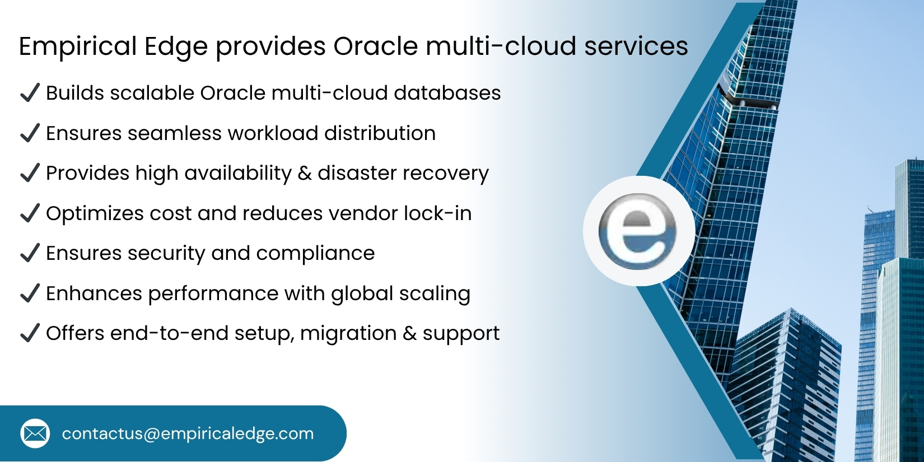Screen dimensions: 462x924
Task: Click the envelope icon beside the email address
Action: click(x=35, y=433)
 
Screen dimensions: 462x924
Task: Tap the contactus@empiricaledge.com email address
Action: click(x=188, y=434)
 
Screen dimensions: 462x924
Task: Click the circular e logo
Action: click(x=638, y=231)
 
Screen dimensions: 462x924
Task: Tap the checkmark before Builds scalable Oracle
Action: click(x=30, y=92)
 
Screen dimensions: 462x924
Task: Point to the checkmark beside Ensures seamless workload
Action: click(x=30, y=133)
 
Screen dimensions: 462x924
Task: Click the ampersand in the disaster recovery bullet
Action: click(x=305, y=174)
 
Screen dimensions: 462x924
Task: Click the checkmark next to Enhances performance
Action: click(x=30, y=293)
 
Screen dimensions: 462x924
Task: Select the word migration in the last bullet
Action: click(x=348, y=334)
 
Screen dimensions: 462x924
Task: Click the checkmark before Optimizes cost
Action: click(x=30, y=213)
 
